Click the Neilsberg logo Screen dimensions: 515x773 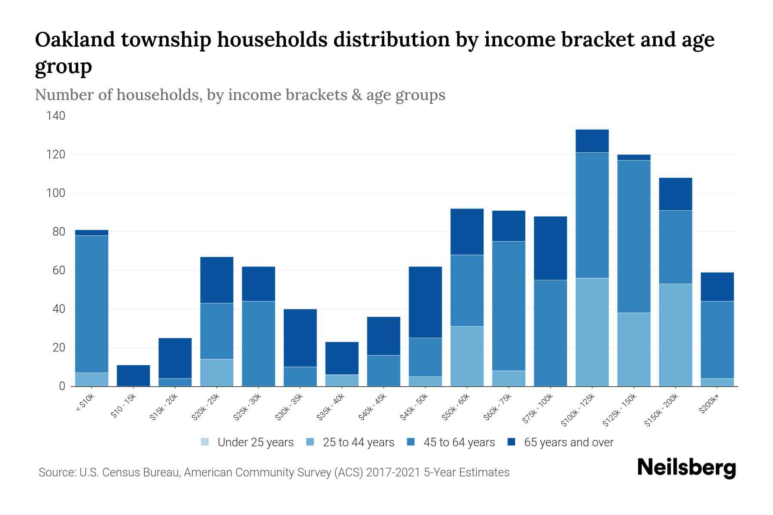coord(686,468)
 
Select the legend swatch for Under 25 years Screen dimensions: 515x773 coord(205,442)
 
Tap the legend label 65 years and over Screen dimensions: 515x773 coord(569,442)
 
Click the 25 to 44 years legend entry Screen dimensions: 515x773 coord(358,442)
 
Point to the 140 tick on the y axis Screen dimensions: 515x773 coord(56,116)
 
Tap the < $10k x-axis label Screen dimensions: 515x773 coord(85,403)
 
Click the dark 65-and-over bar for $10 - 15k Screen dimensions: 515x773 coord(134,376)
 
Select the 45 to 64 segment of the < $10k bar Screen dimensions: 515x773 coord(91,304)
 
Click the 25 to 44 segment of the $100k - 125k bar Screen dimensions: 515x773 coord(592,332)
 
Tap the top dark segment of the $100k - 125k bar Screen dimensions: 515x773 coord(592,141)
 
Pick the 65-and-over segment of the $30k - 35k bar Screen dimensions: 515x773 coord(300,338)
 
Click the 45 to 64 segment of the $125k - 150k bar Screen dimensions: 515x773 coord(634,236)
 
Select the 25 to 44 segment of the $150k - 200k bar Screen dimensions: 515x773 coord(676,335)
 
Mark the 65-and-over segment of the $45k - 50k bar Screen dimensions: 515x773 coord(425,302)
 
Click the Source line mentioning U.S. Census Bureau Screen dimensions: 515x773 coord(274,473)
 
